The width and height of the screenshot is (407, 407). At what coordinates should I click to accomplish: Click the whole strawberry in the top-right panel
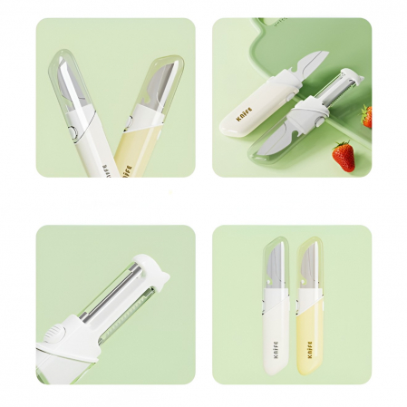click(x=344, y=156)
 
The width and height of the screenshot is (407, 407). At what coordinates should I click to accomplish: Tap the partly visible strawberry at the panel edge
click(x=366, y=115)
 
